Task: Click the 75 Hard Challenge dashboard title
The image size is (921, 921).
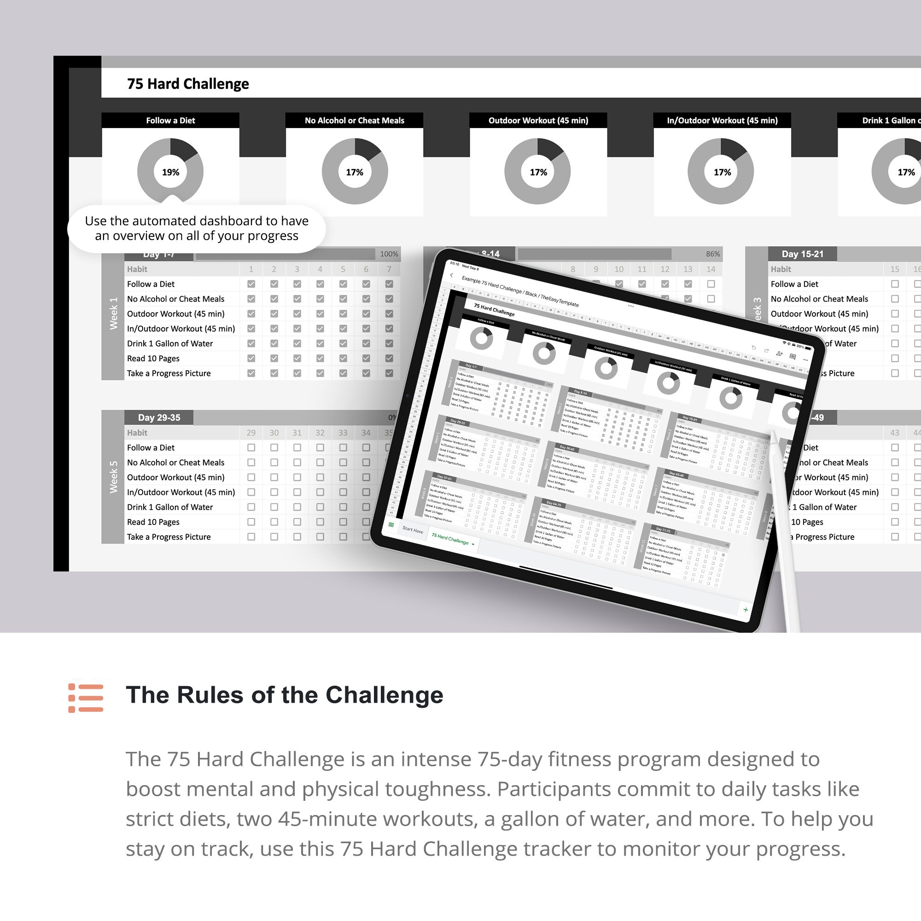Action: point(188,84)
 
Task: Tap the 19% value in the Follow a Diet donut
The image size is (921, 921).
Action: point(170,172)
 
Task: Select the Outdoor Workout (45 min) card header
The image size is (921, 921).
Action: point(538,121)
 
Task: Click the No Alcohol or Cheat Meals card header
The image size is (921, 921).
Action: point(354,121)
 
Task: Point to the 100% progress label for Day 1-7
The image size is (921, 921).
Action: point(389,254)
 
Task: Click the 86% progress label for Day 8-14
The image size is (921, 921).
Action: point(713,254)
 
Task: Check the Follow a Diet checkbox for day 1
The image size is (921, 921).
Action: point(251,284)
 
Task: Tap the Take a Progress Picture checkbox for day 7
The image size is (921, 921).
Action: point(389,373)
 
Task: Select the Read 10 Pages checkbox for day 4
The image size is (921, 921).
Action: point(320,358)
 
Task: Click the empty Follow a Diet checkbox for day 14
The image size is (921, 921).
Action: point(711,284)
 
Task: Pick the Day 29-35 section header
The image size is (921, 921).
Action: point(159,418)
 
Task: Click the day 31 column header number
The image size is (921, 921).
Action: point(297,433)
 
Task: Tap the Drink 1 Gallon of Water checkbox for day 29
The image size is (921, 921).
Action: point(251,507)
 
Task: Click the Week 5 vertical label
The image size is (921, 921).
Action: point(113,477)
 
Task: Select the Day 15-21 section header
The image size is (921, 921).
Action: point(802,254)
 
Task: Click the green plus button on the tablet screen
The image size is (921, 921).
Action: point(745,610)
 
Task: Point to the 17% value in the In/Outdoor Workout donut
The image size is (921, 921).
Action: point(722,172)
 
